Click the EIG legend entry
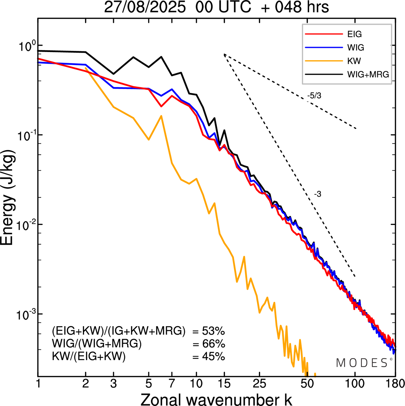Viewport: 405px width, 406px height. [354, 34]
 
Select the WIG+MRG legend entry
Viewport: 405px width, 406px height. [368, 74]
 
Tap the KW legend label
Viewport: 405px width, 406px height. [354, 61]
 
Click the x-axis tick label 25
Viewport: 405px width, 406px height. [259, 384]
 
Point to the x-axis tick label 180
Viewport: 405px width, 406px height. [395, 384]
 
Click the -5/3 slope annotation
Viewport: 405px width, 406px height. [314, 96]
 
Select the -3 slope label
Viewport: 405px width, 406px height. [318, 194]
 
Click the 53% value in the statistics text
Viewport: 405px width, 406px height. [213, 332]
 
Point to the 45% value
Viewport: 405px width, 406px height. [213, 357]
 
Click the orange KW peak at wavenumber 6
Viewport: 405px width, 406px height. [161, 116]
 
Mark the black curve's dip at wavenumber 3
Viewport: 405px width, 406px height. [114, 74]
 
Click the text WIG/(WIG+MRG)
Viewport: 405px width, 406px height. [97, 344]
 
